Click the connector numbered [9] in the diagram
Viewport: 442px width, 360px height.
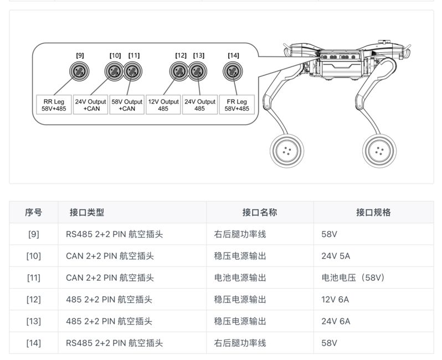click(x=80, y=71)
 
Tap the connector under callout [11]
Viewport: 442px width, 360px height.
click(x=132, y=71)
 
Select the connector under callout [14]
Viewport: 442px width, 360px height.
click(x=233, y=71)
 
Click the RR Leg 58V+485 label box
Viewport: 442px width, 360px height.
click(x=54, y=105)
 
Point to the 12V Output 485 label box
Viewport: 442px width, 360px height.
click(x=163, y=105)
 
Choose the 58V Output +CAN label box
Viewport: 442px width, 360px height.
click(x=127, y=105)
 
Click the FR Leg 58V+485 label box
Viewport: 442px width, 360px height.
click(x=237, y=105)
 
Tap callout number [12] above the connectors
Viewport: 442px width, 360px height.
click(x=181, y=55)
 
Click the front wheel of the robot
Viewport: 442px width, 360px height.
click(x=379, y=151)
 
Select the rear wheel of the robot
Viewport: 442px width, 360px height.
click(x=287, y=151)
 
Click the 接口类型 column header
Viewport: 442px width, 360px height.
click(x=87, y=212)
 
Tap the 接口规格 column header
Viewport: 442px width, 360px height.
click(x=373, y=212)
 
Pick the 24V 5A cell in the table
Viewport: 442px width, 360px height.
click(x=336, y=256)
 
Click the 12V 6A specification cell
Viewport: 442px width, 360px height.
click(x=335, y=300)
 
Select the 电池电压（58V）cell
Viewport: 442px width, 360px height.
click(x=353, y=277)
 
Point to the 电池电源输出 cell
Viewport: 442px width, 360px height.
click(x=240, y=277)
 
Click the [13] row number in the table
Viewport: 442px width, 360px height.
click(x=34, y=321)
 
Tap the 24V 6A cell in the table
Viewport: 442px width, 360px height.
click(x=336, y=321)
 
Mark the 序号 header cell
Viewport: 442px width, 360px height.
click(x=34, y=212)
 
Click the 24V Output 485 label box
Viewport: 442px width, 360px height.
click(x=200, y=105)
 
